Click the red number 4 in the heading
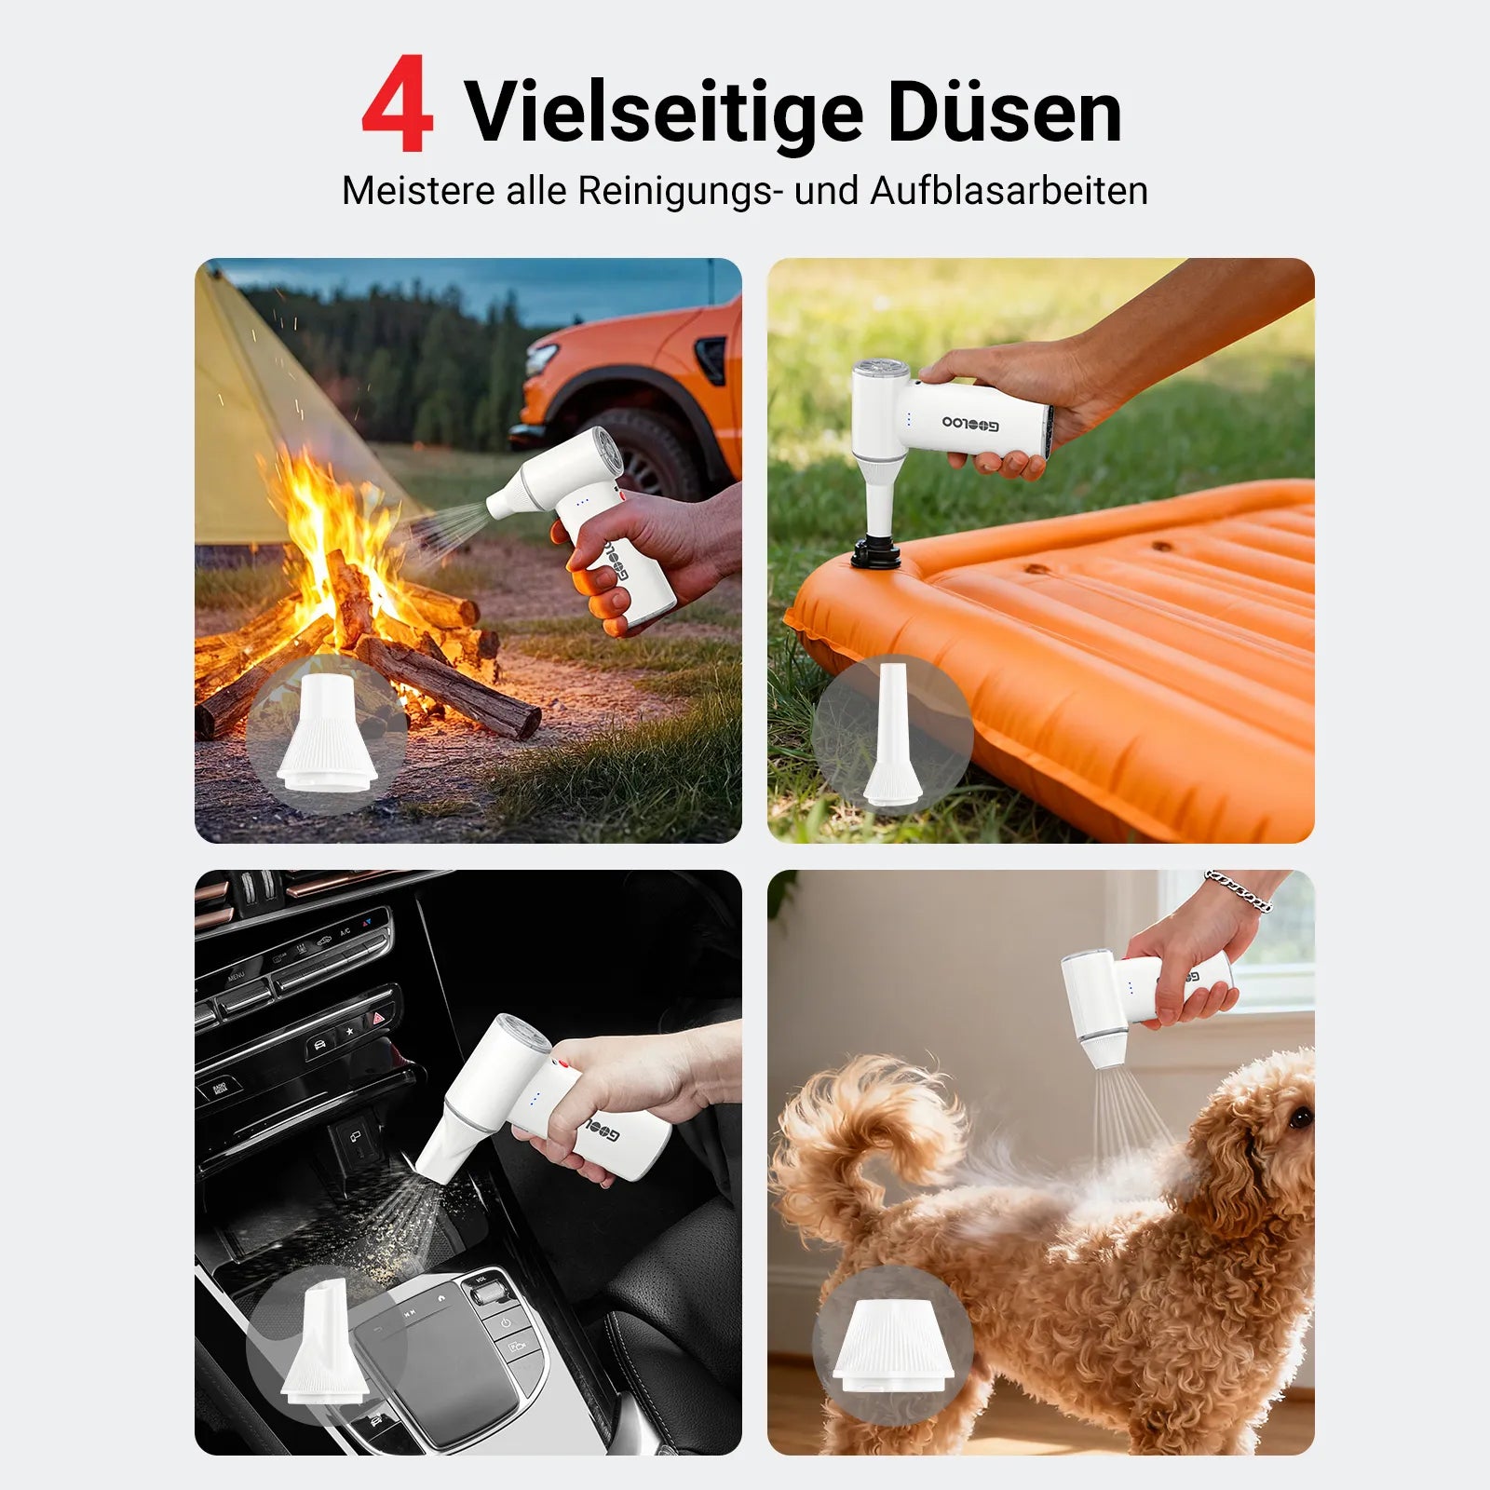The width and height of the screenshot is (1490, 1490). [398, 104]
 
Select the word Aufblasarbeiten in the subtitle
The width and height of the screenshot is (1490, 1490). [1009, 191]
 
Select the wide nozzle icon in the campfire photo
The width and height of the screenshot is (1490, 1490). [326, 736]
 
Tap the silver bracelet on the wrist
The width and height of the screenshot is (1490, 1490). [1238, 889]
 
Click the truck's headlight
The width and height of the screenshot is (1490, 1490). [542, 359]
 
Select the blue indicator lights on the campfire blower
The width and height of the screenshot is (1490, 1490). [581, 502]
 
